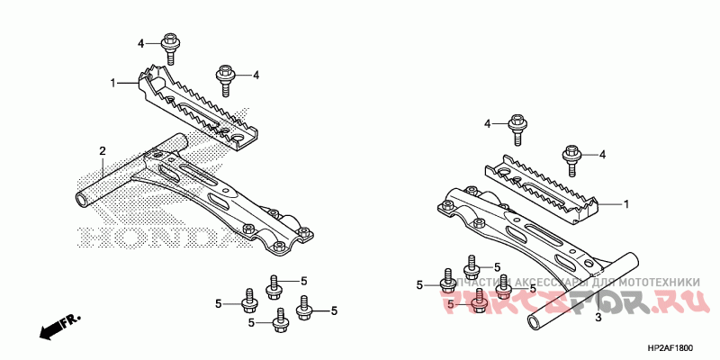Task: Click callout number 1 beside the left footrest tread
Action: pyautogui.click(x=113, y=83)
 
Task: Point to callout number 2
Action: pyautogui.click(x=103, y=150)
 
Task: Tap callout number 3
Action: pyautogui.click(x=598, y=319)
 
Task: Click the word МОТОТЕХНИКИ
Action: pyautogui.click(x=657, y=283)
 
